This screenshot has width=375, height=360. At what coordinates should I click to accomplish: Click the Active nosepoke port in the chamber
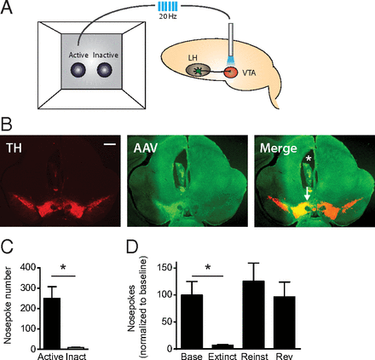pos(78,70)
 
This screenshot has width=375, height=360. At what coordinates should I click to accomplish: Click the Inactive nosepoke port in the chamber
pos(105,70)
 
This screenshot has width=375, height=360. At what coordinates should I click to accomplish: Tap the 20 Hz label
pos(168,16)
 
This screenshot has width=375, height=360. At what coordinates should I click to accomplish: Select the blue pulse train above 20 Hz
pos(168,6)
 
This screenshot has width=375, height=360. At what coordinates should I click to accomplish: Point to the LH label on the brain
pos(193,58)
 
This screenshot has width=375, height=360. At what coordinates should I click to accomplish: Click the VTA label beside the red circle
pos(249,73)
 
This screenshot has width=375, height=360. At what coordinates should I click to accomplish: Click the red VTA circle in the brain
pos(231,73)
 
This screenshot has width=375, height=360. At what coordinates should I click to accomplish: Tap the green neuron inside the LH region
pos(196,71)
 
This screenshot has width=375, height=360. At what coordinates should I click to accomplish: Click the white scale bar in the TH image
pos(110,144)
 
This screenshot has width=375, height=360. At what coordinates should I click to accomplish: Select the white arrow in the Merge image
pos(307,194)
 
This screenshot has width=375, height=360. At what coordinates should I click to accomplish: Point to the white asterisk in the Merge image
pos(309,159)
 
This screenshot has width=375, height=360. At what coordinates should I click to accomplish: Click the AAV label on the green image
pos(145,148)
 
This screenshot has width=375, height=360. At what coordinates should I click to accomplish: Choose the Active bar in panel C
pos(51,323)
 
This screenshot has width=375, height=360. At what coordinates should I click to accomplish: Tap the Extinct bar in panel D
pos(222,346)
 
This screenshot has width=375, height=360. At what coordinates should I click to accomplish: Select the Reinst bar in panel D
pos(254,315)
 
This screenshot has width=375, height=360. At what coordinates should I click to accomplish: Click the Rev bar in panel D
pos(285,322)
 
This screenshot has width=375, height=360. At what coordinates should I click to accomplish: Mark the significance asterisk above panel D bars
pos(208,268)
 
